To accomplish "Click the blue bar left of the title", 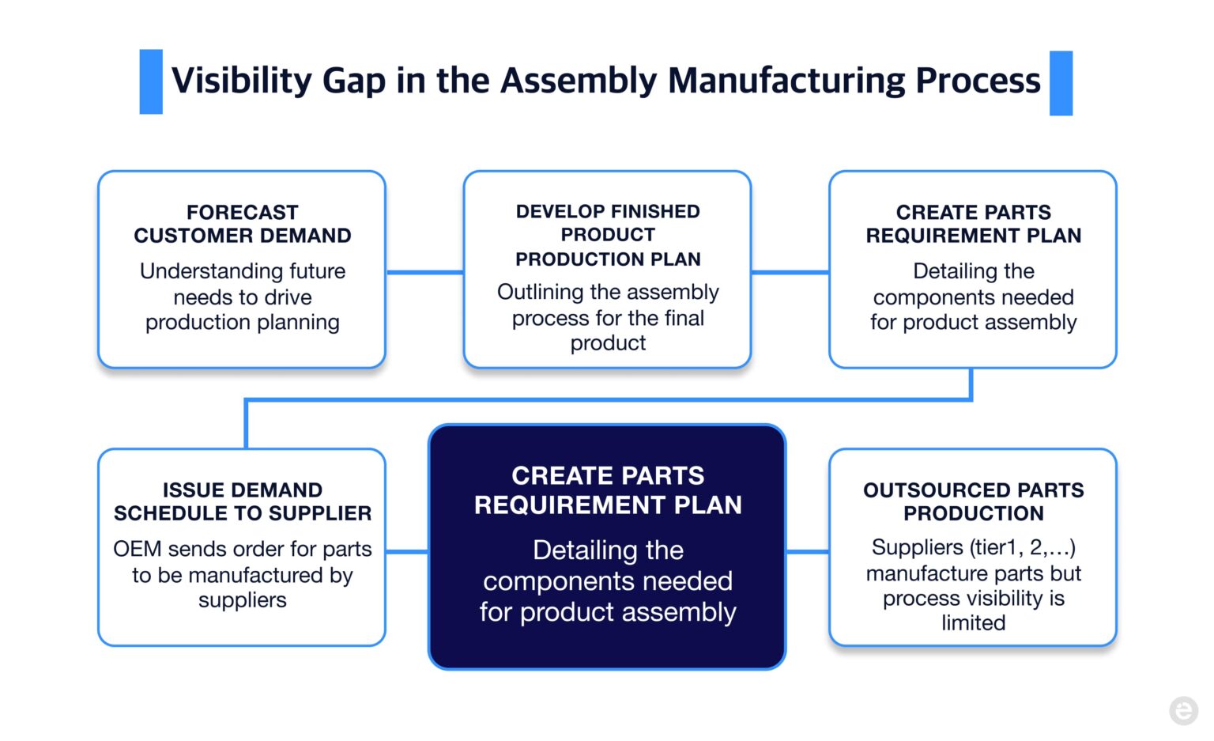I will [151, 81].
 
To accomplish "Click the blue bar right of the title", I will [1061, 83].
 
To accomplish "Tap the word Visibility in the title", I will [242, 81].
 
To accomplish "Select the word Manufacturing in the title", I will [786, 81].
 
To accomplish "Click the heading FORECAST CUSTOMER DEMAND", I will [242, 224].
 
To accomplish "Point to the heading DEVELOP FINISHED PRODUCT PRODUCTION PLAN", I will [607, 235].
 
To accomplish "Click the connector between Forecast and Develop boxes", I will [424, 272].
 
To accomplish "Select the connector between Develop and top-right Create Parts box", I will [790, 272].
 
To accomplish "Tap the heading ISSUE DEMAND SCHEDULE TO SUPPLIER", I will [242, 501].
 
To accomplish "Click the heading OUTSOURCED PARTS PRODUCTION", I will [973, 501].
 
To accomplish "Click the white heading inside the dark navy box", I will [607, 490].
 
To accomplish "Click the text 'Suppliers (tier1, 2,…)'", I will [973, 547].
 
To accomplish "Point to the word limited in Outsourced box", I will [973, 623].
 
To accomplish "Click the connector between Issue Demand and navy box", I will [407, 551].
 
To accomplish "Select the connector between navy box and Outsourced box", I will [807, 551].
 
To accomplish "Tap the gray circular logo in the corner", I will [1183, 710].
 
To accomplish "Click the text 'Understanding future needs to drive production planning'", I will [242, 297].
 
